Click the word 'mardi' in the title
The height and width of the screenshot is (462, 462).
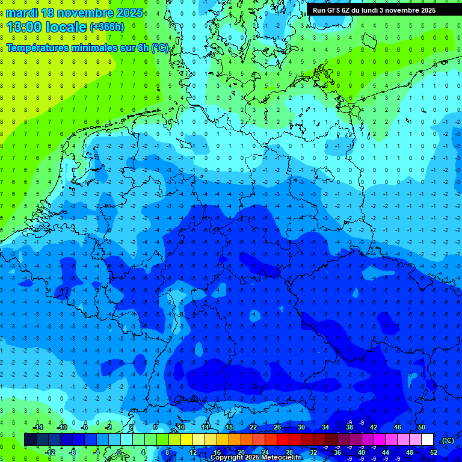pos(23,13)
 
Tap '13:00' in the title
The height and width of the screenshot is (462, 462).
pos(24,27)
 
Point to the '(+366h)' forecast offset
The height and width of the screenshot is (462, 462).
pos(107,27)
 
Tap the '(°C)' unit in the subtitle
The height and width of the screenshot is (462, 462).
pos(159,48)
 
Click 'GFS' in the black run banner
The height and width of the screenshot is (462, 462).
pos(336,10)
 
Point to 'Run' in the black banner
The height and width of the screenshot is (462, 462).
pos(319,10)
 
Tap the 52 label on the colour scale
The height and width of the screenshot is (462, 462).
pos(434,452)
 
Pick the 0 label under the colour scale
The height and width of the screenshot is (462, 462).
pos(119,452)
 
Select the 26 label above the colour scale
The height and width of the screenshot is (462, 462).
pos(277,427)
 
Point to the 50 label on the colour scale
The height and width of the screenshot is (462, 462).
pos(421,427)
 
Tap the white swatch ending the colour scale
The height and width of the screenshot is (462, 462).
pos(427,440)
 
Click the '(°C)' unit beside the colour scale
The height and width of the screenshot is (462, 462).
pos(448,440)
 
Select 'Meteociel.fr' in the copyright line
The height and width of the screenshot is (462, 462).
pos(281,458)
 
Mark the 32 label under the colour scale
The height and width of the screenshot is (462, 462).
pos(313,452)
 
